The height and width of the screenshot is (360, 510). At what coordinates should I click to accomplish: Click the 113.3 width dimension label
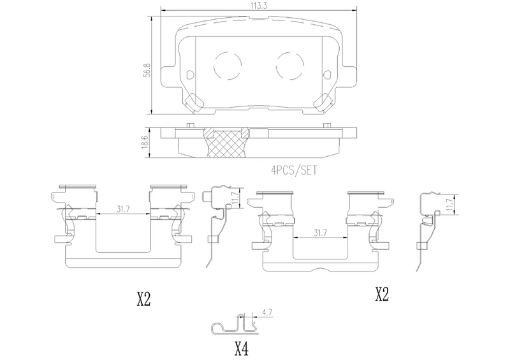pyautogui.click(x=259, y=6)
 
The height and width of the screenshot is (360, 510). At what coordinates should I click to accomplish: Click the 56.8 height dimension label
pyautogui.click(x=147, y=69)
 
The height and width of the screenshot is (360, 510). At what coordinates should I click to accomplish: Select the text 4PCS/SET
pyautogui.click(x=294, y=170)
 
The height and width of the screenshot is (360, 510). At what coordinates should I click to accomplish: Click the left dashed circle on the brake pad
pyautogui.click(x=228, y=66)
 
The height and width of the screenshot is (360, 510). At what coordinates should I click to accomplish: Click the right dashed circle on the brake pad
pyautogui.click(x=290, y=66)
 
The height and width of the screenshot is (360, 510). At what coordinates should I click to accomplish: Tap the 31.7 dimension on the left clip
pyautogui.click(x=123, y=209)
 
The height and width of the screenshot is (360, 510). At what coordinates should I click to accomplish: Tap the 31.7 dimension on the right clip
pyautogui.click(x=321, y=233)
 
